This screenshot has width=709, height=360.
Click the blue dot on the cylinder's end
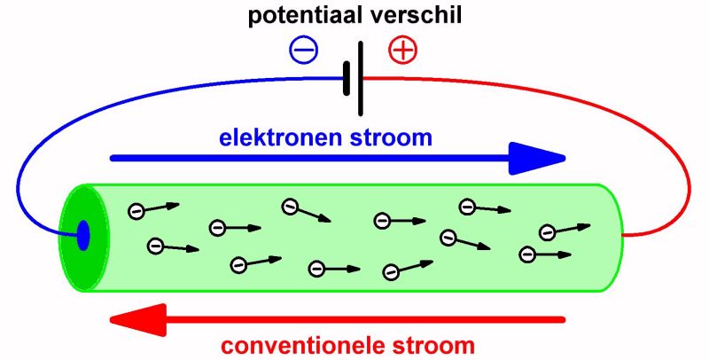[83, 236]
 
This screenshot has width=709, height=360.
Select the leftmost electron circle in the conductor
[136, 210]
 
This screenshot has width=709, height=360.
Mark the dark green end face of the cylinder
[75, 257]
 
